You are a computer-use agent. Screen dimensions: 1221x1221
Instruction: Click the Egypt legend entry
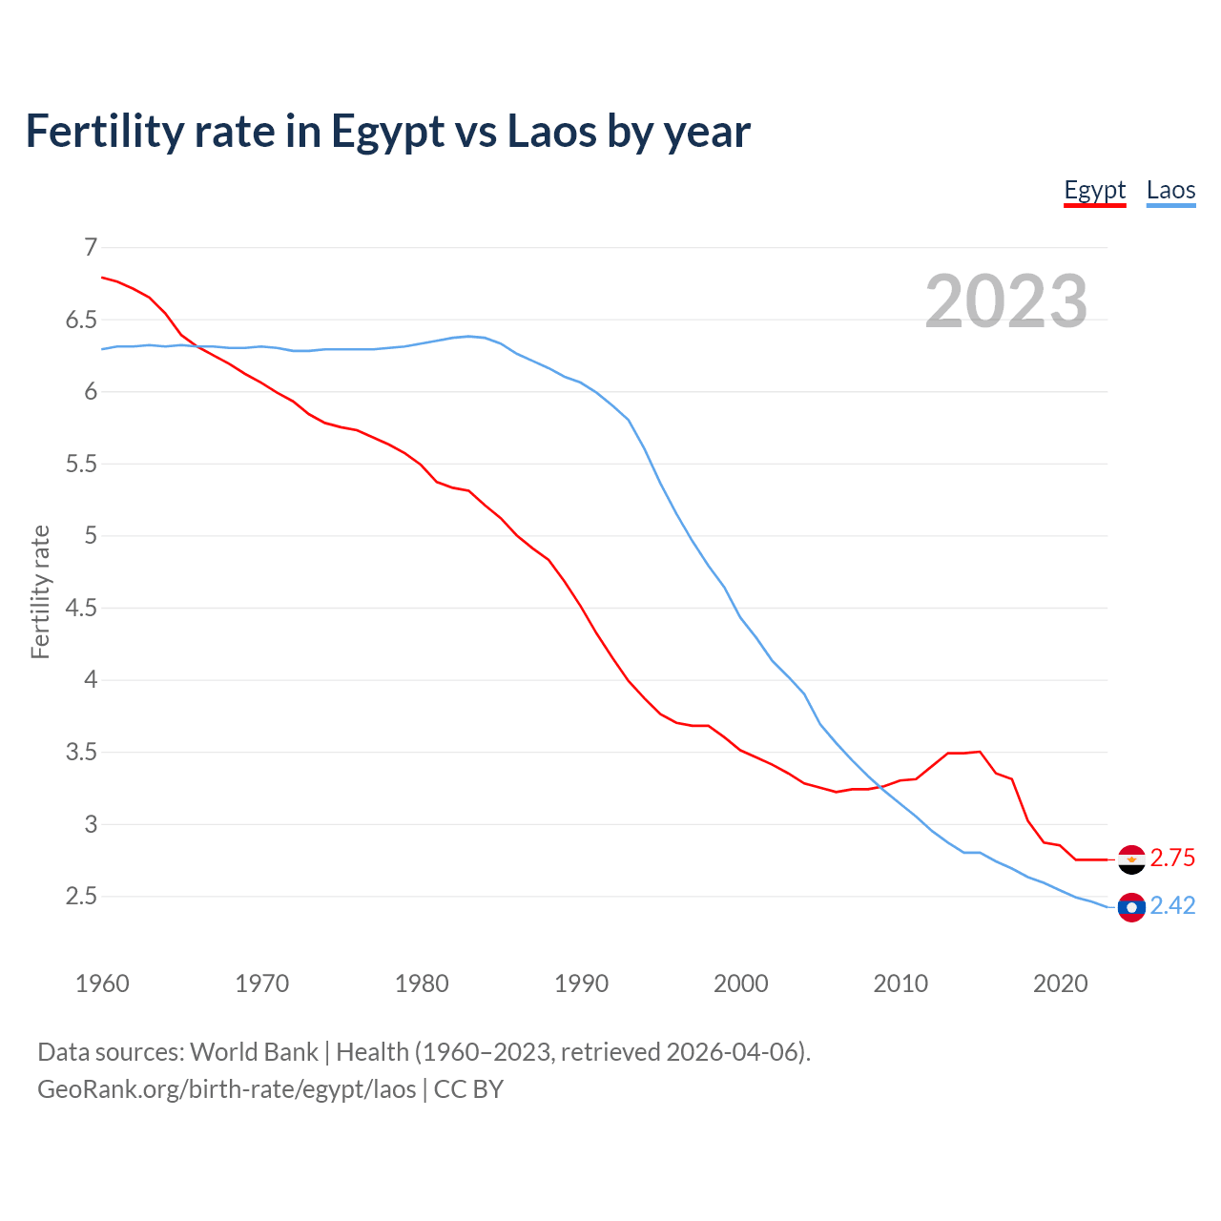click(x=1094, y=190)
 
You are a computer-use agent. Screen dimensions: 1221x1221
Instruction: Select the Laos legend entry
click(x=1170, y=190)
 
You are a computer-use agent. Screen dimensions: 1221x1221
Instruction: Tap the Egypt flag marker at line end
click(x=1131, y=859)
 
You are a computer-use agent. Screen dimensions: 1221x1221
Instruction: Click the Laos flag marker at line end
click(x=1131, y=906)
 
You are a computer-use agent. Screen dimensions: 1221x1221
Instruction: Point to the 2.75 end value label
click(x=1172, y=859)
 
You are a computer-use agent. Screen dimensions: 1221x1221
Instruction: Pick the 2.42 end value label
click(x=1172, y=906)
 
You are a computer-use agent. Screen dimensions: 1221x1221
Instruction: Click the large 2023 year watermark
click(x=1006, y=301)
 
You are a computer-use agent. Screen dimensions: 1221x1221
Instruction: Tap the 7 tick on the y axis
click(x=91, y=248)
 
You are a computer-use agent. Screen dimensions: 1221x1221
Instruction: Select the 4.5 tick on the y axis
click(x=81, y=609)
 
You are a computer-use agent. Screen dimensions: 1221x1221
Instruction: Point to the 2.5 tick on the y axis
click(x=81, y=897)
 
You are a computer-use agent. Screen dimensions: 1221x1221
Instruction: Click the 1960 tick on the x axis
click(x=102, y=983)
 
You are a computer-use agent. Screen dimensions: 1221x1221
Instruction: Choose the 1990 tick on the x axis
click(x=581, y=983)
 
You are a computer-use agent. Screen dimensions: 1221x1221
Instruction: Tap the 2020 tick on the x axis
click(x=1060, y=983)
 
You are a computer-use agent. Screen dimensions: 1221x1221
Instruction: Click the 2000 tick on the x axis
click(x=740, y=983)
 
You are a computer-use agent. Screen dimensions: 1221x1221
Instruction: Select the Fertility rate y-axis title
click(x=40, y=591)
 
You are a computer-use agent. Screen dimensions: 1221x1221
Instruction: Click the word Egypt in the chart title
click(x=387, y=132)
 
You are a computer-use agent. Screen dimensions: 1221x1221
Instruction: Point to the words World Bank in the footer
click(x=254, y=1052)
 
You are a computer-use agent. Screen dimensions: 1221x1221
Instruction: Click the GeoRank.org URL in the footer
click(x=226, y=1089)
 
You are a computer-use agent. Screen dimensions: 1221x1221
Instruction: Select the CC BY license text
click(x=468, y=1089)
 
